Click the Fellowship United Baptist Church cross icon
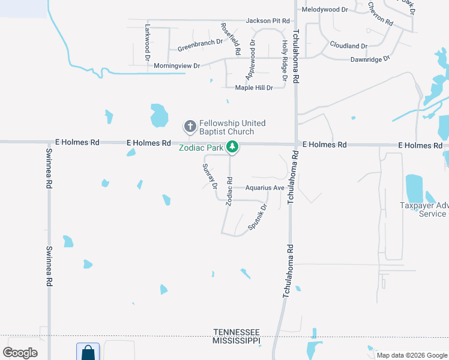190,127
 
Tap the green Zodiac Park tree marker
232,147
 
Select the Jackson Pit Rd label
268,21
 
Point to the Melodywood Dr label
325,10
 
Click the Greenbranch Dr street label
200,46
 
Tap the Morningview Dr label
176,65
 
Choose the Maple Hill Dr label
254,88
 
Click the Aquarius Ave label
264,188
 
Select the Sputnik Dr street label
257,218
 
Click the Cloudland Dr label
348,46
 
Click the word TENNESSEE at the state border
237,332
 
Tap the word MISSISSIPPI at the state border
237,340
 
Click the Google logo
20,353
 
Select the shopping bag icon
88,352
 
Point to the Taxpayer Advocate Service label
424,209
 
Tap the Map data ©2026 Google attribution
412,355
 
